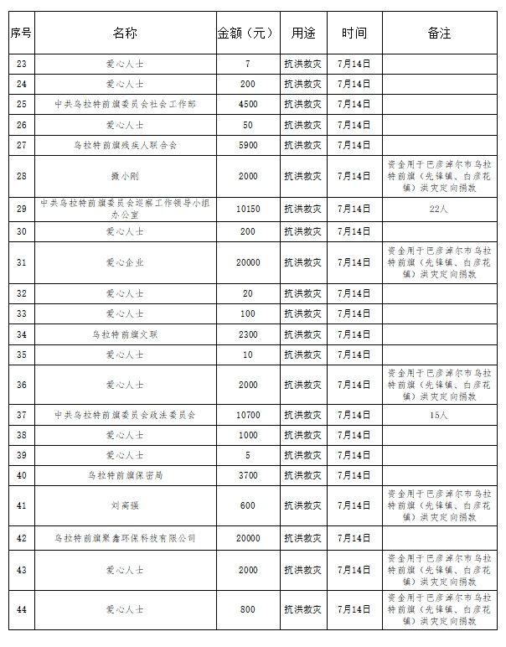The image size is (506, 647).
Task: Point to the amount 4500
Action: pyautogui.click(x=247, y=104)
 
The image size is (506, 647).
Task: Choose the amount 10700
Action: pyautogui.click(x=247, y=415)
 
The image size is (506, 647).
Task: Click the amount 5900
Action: pyautogui.click(x=247, y=145)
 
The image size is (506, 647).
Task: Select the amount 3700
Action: pyautogui.click(x=247, y=475)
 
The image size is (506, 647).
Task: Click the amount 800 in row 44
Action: pyautogui.click(x=247, y=609)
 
